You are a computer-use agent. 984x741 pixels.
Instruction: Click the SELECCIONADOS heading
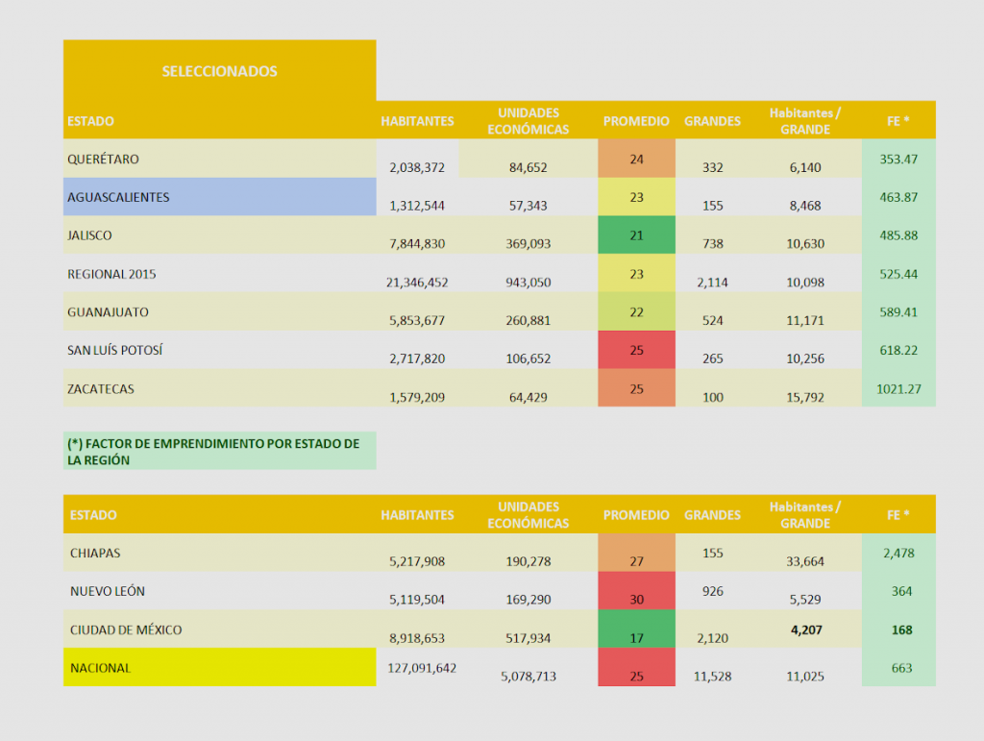pos(219,71)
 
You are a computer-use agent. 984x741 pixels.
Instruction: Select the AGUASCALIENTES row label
pos(118,197)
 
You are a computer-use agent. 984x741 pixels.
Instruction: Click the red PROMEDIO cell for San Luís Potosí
pos(636,350)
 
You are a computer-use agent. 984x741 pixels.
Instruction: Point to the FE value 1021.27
pos(898,389)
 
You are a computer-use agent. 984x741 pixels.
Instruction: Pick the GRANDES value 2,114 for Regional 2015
pos(712,283)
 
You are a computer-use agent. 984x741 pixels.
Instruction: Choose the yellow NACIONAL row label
pos(101,668)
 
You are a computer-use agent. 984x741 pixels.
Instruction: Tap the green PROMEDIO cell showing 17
pos(636,630)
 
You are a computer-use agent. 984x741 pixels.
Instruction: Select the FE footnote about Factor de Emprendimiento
pos(213,452)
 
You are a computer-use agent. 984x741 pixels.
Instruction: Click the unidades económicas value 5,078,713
pos(529,677)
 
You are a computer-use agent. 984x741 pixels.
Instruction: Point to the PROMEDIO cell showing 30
pos(636,591)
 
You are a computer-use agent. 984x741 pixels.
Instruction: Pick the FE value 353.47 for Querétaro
pos(898,159)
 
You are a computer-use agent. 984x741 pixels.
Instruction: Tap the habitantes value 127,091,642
pos(418,668)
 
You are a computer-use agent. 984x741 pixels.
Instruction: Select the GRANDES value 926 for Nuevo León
pos(712,591)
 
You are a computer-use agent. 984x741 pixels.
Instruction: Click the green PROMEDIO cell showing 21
pos(636,235)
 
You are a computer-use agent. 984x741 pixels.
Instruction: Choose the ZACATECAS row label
pos(100,389)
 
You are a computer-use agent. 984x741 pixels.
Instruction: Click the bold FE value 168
pos(901,630)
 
